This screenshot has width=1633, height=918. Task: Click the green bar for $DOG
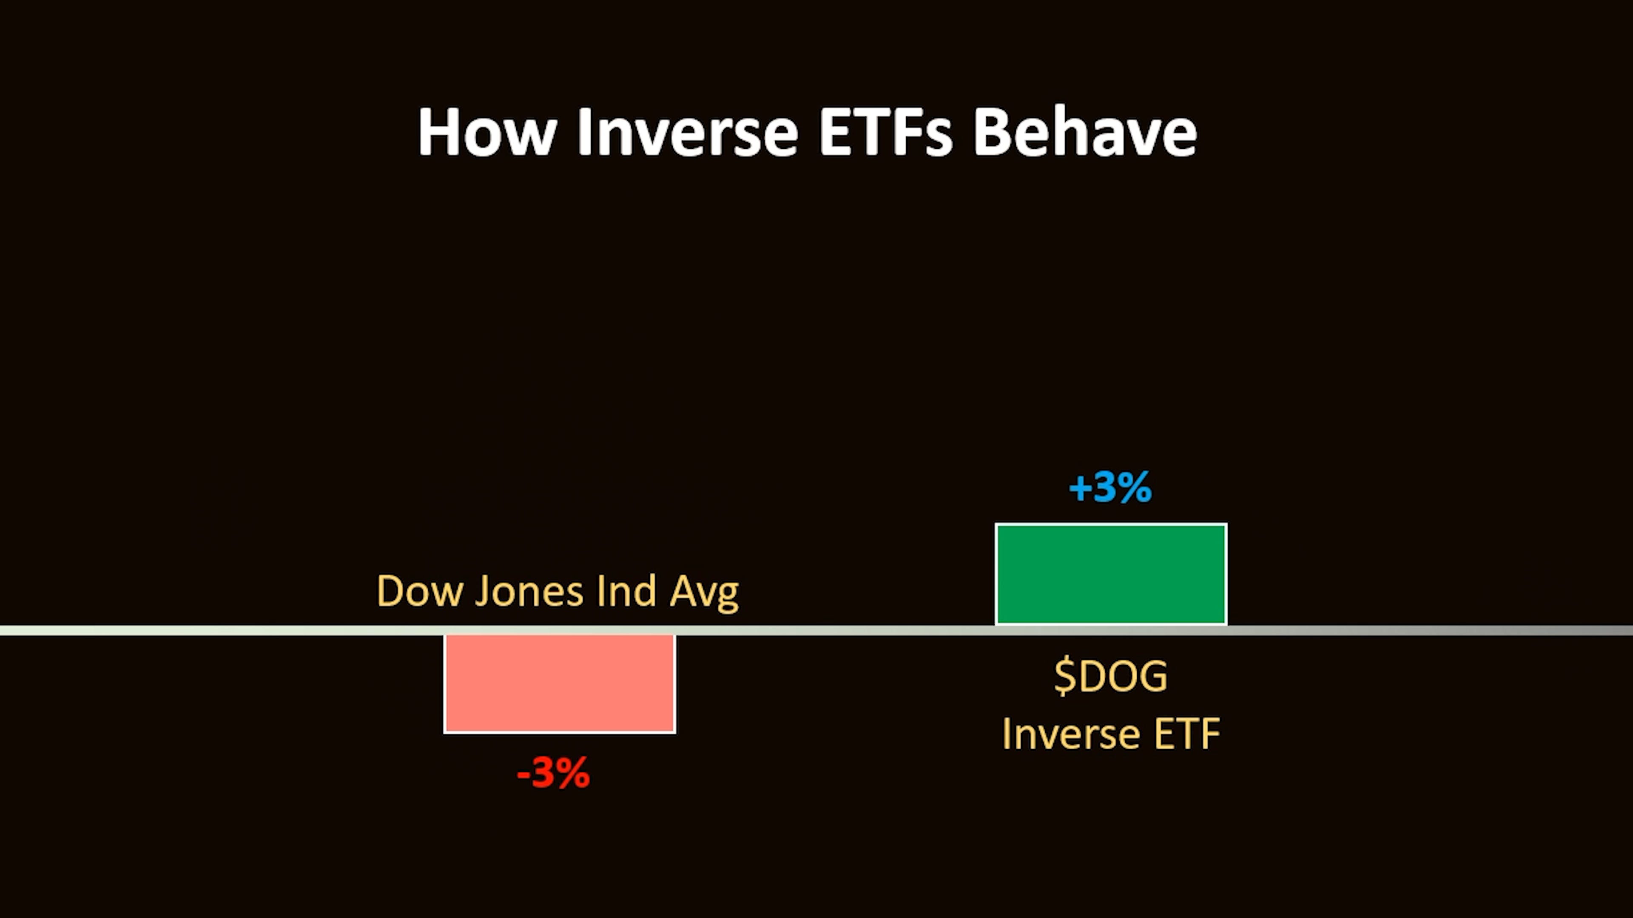click(x=1111, y=574)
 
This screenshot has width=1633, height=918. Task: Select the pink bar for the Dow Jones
click(x=560, y=683)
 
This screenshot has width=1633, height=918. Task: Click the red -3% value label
click(x=553, y=773)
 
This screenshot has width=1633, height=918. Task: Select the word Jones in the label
click(x=529, y=591)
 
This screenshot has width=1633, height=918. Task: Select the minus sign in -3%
click(x=523, y=774)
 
